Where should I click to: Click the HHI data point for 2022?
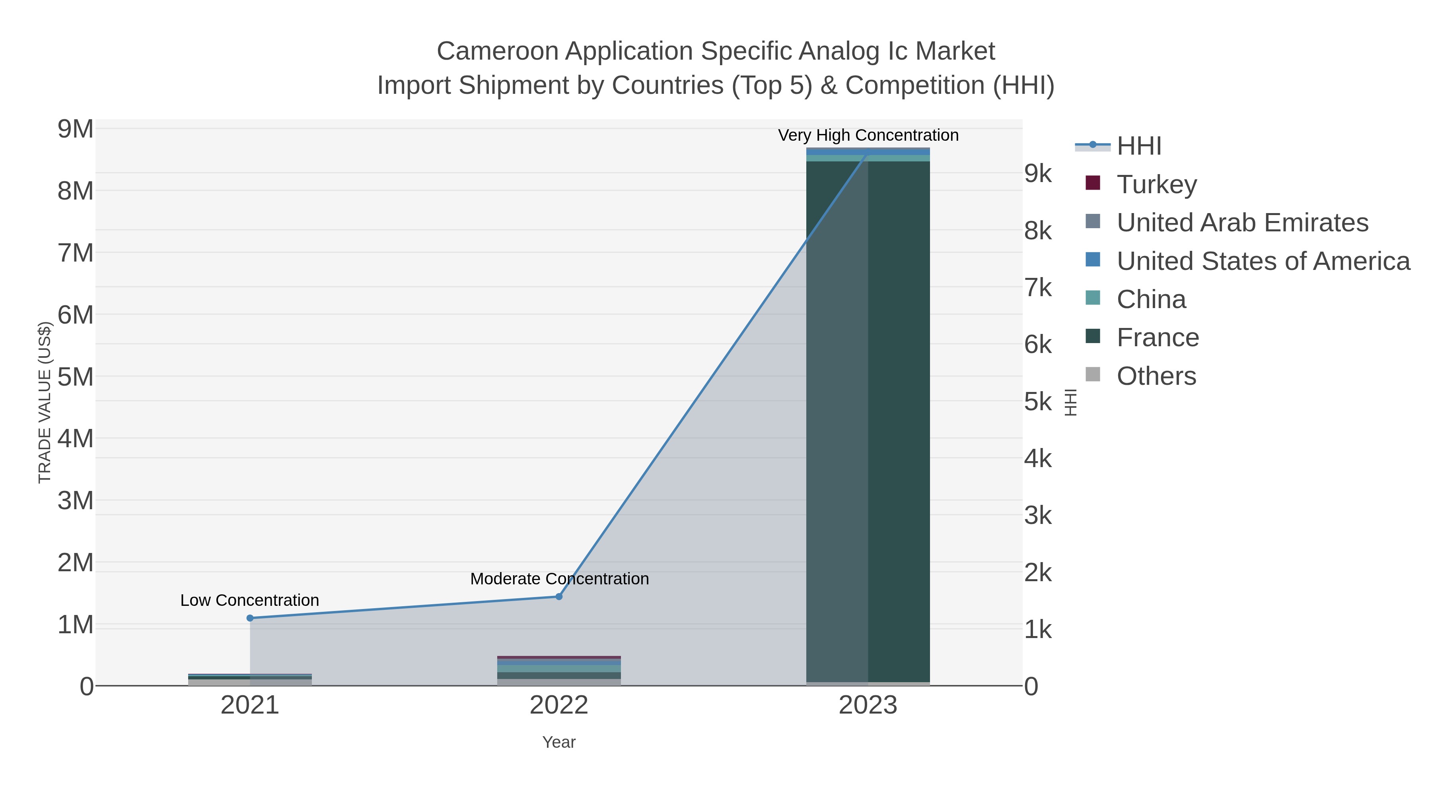pos(559,597)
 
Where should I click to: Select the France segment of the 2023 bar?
pos(868,422)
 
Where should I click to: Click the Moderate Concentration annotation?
pos(559,579)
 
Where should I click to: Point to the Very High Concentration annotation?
pos(868,136)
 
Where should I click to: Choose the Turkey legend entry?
pos(1156,184)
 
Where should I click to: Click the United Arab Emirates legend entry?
pos(1242,223)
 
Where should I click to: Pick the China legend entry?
pos(1151,299)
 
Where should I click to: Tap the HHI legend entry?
pos(1138,146)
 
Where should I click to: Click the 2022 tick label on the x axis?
pos(559,706)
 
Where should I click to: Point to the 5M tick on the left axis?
pos(76,377)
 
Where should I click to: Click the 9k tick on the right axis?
pos(1038,174)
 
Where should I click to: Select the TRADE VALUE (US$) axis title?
pos(45,402)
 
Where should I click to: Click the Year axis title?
pos(559,742)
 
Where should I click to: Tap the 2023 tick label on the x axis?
pos(868,706)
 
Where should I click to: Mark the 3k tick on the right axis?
pos(1038,516)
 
